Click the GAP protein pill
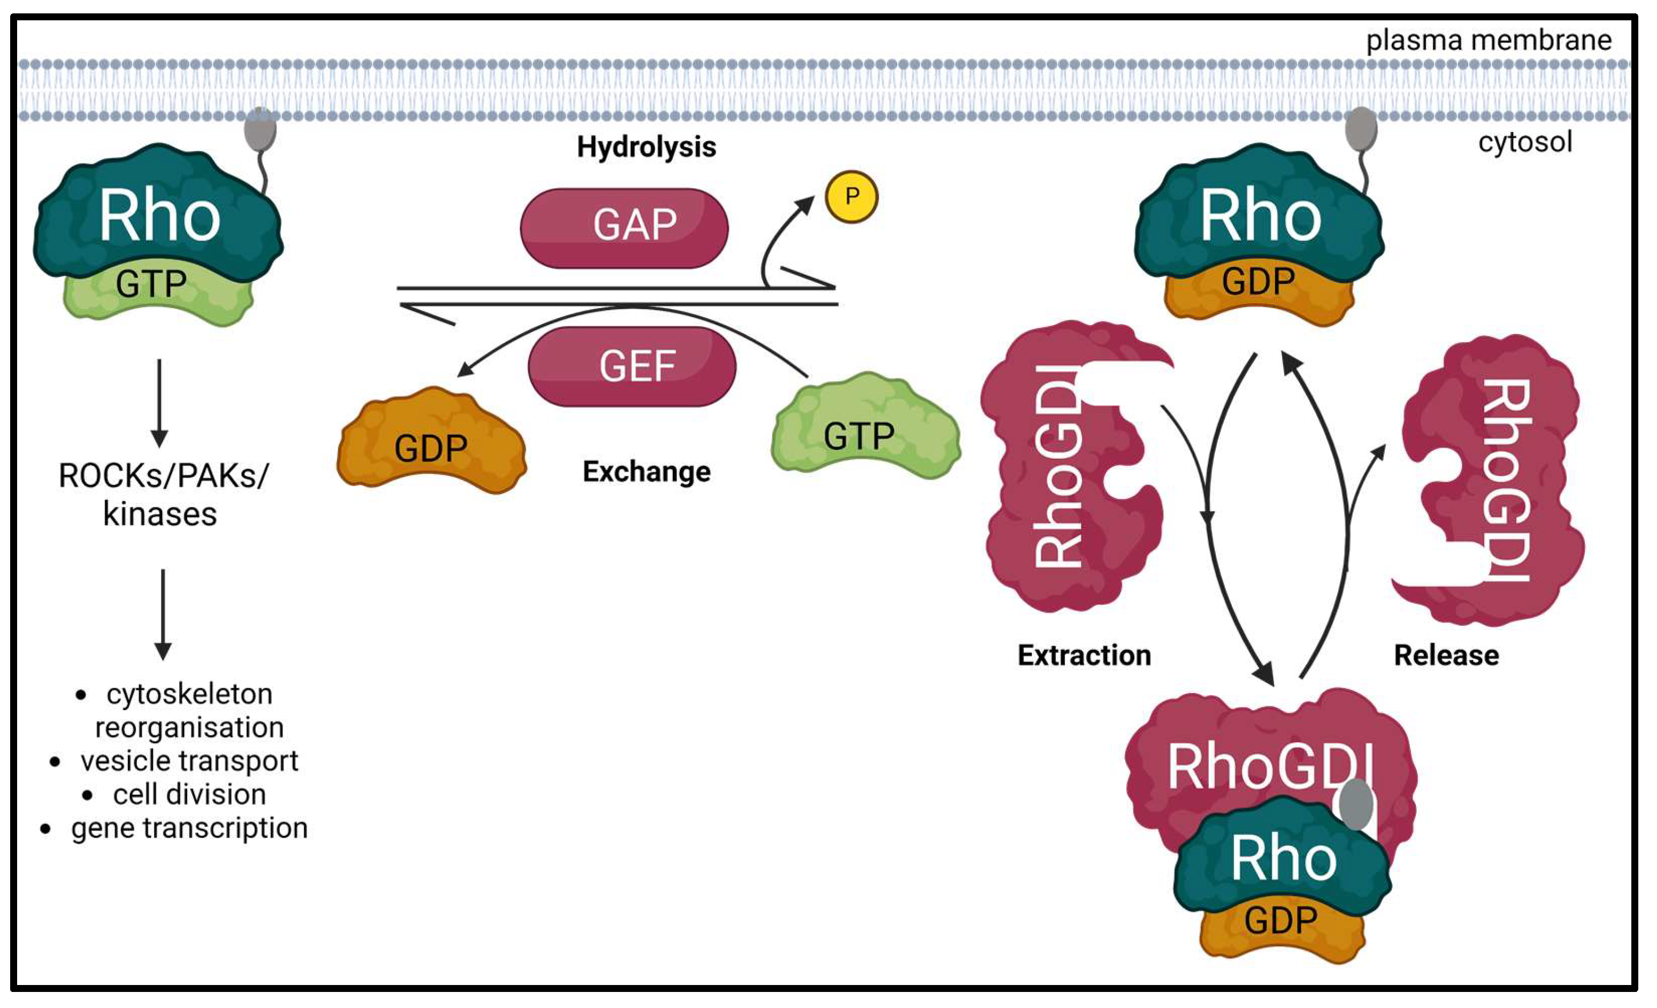tap(624, 227)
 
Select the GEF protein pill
tap(632, 366)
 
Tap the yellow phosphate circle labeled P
tap(851, 196)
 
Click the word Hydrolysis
tap(646, 147)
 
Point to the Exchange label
tap(646, 472)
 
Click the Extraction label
tap(1084, 655)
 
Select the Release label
tap(1446, 655)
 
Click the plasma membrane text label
tap(1488, 40)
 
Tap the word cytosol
tap(1524, 142)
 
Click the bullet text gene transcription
tap(189, 828)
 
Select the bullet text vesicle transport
tap(189, 760)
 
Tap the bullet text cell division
tap(189, 794)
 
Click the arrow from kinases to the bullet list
tap(163, 613)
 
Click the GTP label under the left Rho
tap(151, 283)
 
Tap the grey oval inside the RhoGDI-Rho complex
tap(1356, 805)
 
